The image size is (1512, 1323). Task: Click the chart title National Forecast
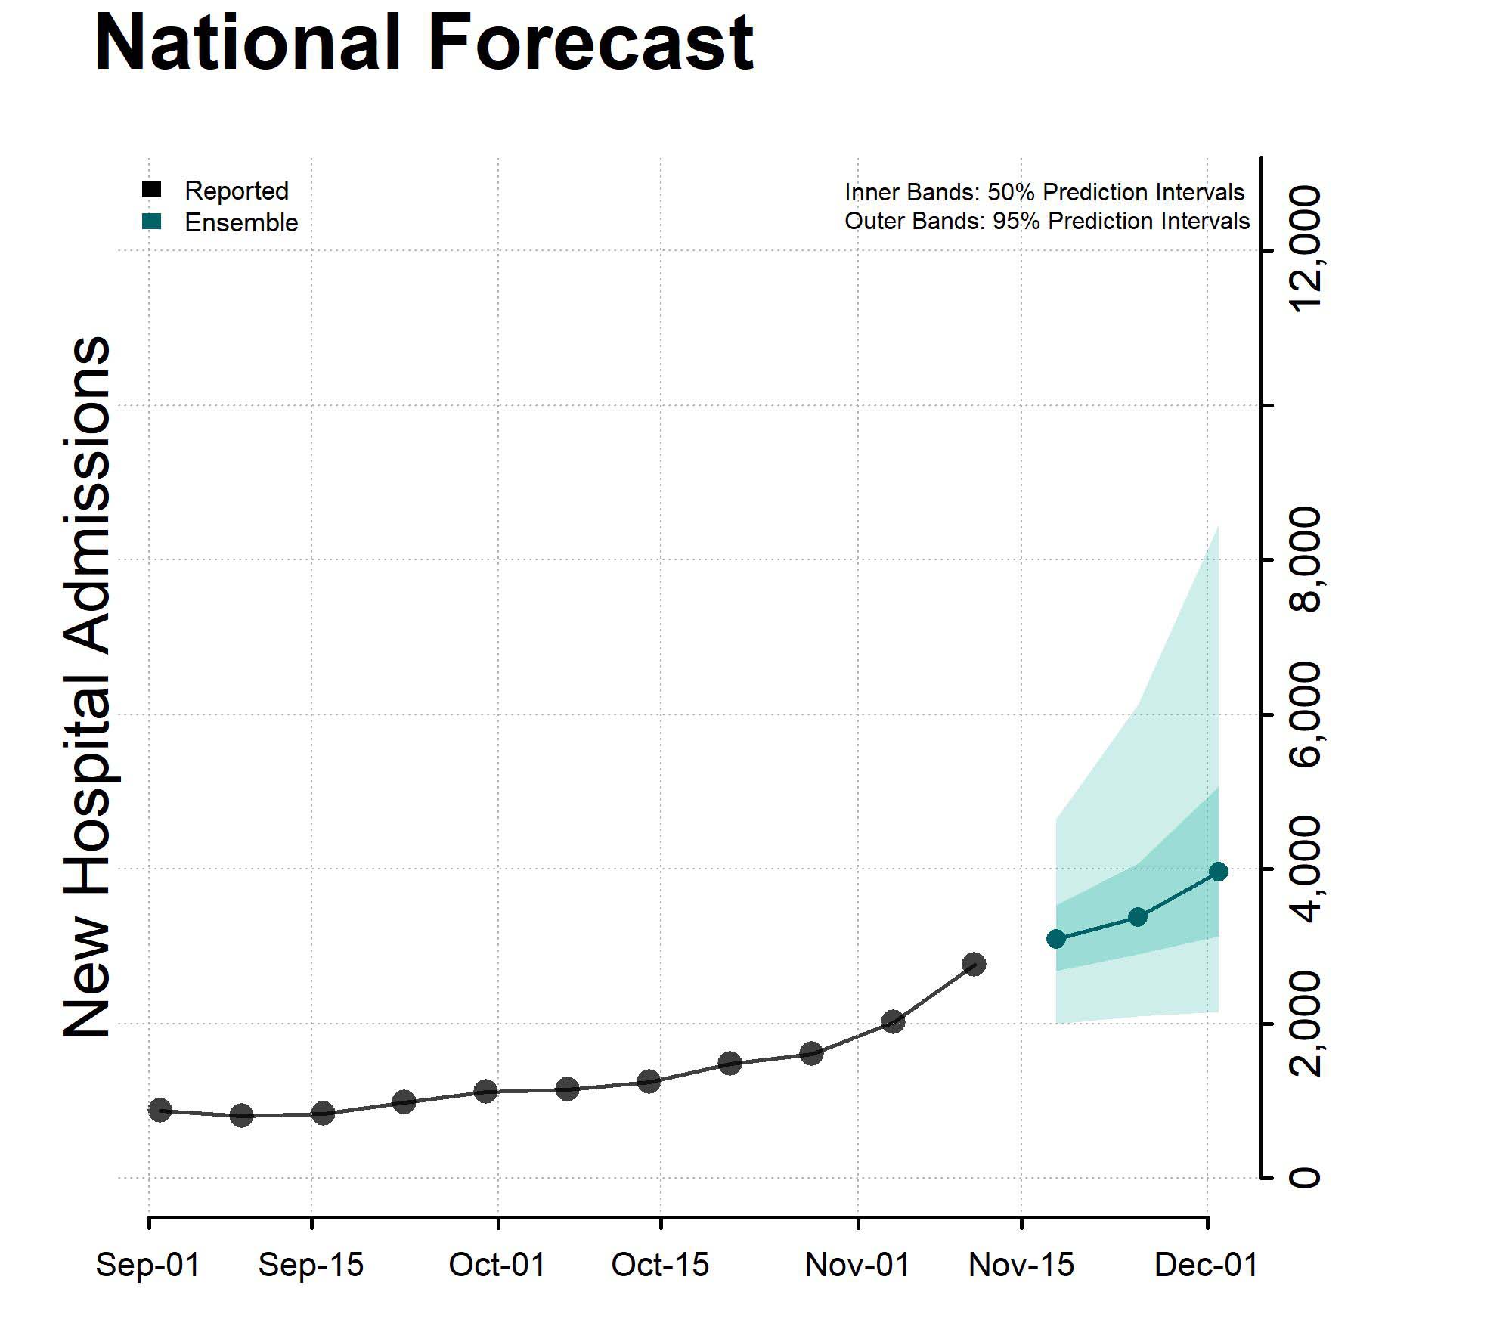point(423,44)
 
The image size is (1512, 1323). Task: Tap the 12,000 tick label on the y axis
point(1306,249)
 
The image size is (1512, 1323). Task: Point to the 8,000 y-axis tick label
point(1306,559)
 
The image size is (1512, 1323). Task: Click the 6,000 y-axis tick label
point(1306,714)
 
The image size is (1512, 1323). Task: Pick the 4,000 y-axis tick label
point(1306,869)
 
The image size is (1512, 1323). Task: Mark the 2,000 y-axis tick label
point(1306,1024)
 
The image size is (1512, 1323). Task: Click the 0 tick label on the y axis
point(1305,1178)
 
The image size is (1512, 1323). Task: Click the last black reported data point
point(974,964)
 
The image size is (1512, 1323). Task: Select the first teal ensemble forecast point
point(1056,939)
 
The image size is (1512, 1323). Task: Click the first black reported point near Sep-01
point(160,1110)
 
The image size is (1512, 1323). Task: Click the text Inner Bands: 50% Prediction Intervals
point(1044,193)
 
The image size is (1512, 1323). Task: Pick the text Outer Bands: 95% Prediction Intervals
point(1047,222)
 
